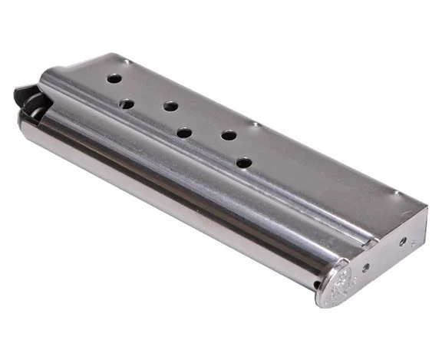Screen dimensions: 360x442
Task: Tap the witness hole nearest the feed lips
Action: click(114, 78)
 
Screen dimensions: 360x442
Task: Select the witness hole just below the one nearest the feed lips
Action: click(127, 103)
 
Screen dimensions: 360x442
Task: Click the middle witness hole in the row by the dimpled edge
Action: click(171, 107)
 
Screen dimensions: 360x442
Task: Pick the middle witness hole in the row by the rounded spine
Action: click(184, 133)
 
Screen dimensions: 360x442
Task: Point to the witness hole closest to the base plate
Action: click(244, 163)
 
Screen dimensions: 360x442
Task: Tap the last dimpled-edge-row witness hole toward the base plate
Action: click(229, 135)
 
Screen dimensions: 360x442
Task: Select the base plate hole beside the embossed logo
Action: click(365, 267)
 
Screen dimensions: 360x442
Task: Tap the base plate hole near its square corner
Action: click(403, 240)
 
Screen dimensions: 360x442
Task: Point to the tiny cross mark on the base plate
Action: click(414, 244)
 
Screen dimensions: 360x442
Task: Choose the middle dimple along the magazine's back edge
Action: click(255, 123)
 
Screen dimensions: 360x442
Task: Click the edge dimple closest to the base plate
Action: click(396, 192)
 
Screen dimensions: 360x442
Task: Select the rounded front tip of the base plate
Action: click(322, 299)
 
